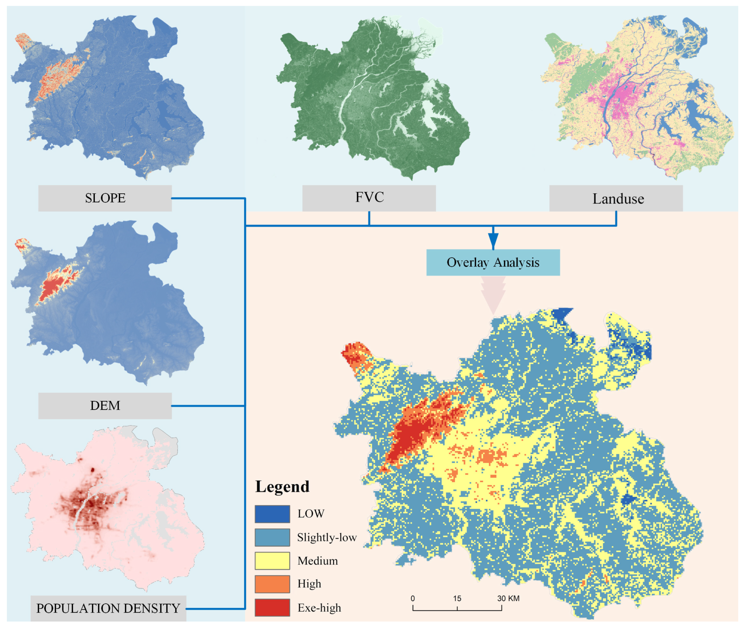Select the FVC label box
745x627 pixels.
point(369,198)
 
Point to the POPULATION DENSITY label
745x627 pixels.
point(108,608)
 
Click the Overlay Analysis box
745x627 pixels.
point(493,262)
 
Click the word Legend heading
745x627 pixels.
point(282,487)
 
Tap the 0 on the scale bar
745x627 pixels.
point(412,598)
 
